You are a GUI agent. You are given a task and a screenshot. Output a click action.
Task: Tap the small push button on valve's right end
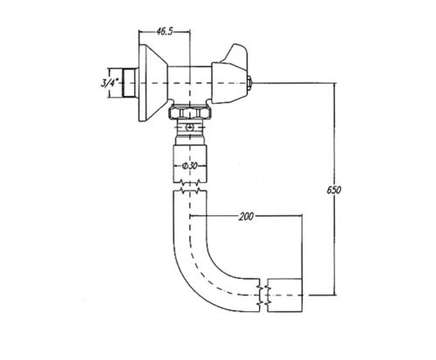click(x=249, y=83)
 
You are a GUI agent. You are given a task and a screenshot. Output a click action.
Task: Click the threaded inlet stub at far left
click(x=129, y=84)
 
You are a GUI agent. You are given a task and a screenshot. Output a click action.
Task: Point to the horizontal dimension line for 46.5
click(x=166, y=37)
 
